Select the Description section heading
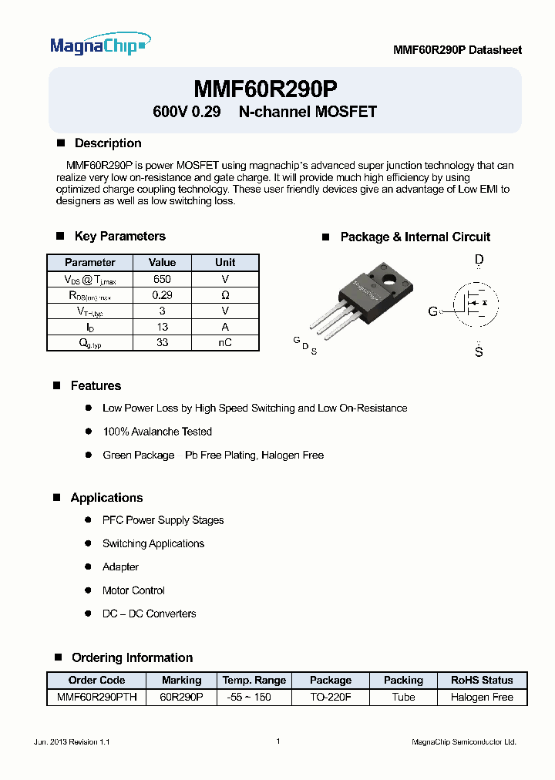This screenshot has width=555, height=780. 107,143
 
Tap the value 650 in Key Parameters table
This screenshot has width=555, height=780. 162,279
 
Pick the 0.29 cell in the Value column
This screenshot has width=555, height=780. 162,295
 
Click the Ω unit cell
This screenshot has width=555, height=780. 225,295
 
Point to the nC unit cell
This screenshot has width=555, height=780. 225,343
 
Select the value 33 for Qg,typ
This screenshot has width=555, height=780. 162,343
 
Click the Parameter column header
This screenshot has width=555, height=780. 90,262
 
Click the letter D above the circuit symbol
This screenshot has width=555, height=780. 479,261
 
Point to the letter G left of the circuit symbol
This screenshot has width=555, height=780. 433,311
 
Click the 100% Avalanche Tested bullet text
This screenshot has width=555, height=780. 157,432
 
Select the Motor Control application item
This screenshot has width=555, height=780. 133,590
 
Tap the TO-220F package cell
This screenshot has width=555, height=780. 331,697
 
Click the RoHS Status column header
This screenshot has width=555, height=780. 482,680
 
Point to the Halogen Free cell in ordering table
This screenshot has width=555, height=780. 482,697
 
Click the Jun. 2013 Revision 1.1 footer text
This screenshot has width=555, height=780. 72,741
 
